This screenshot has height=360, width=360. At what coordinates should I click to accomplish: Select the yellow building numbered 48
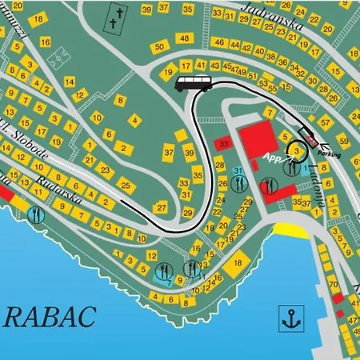(x=184, y=39)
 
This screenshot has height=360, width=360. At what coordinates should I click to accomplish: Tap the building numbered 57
(x=324, y=122)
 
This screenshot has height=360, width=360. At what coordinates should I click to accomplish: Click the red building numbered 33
(x=225, y=143)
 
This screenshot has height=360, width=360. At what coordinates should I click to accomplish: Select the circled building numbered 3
(x=298, y=149)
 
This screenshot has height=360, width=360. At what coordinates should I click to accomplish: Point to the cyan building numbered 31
(x=238, y=172)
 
